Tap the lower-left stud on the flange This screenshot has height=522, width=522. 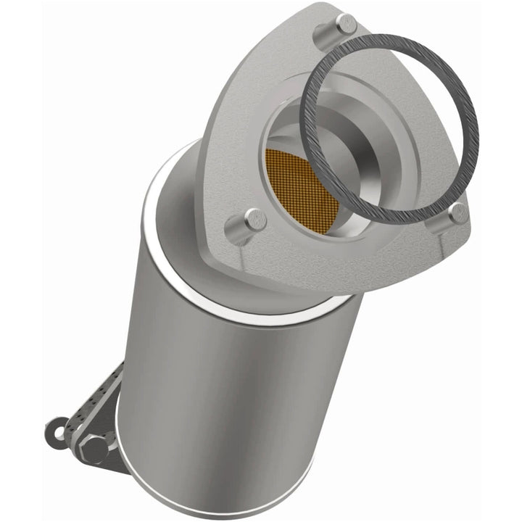(x=254, y=218)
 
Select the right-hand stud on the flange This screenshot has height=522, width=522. (x=457, y=212)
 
